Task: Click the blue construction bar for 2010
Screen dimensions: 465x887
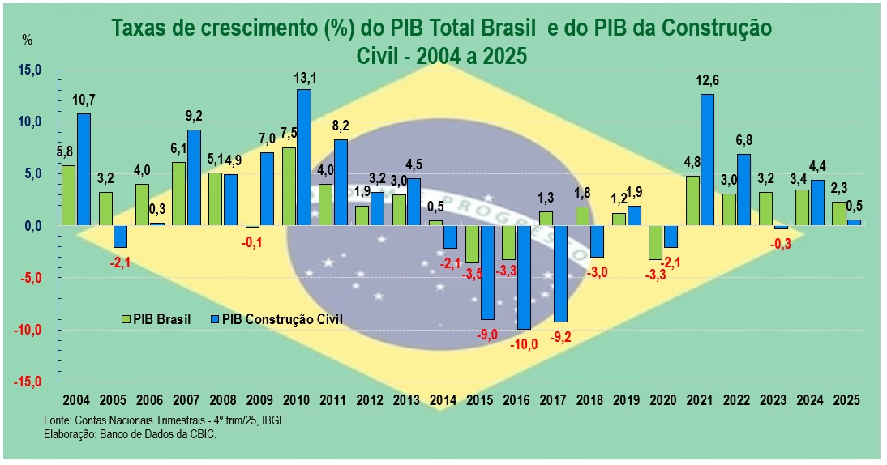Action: pyautogui.click(x=304, y=157)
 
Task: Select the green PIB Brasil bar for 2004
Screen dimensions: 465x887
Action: pyautogui.click(x=69, y=195)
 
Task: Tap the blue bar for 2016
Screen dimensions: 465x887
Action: pyautogui.click(x=525, y=277)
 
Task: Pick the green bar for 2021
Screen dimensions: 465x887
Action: pyautogui.click(x=692, y=200)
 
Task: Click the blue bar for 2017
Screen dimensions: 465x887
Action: pyautogui.click(x=561, y=274)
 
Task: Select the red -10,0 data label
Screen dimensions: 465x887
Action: pyautogui.click(x=524, y=344)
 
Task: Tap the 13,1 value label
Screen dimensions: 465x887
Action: pyautogui.click(x=305, y=78)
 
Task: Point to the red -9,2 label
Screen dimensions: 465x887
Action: pyautogui.click(x=561, y=337)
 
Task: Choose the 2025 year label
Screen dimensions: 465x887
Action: pyautogui.click(x=846, y=400)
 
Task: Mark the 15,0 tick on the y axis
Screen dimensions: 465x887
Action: pyautogui.click(x=29, y=70)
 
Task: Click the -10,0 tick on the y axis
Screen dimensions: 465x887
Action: pyautogui.click(x=26, y=331)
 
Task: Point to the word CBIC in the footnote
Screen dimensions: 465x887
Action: pyautogui.click(x=202, y=434)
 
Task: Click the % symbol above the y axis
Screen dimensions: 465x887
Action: pyautogui.click(x=27, y=40)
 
